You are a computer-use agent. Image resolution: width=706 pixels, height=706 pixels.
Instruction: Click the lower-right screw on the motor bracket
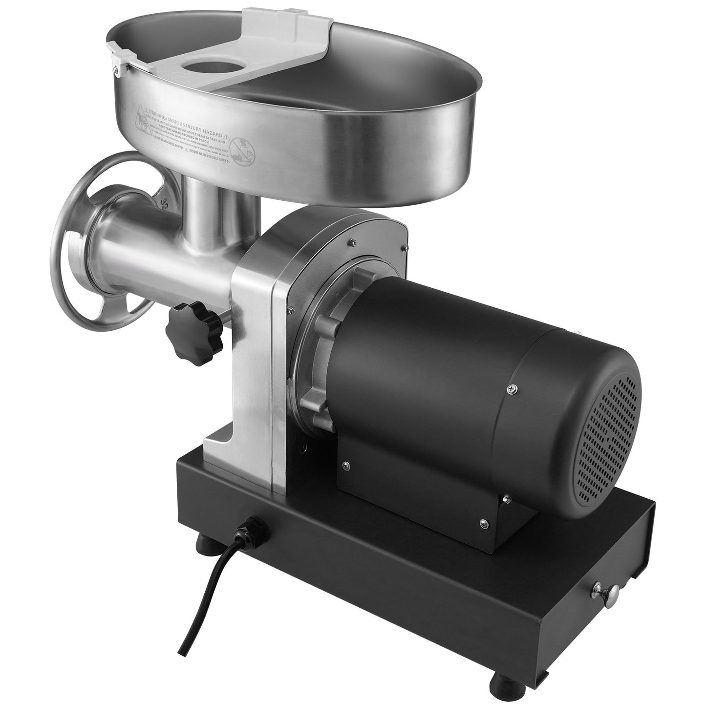483,522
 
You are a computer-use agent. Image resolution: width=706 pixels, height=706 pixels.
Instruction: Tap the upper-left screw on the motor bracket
345,465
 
